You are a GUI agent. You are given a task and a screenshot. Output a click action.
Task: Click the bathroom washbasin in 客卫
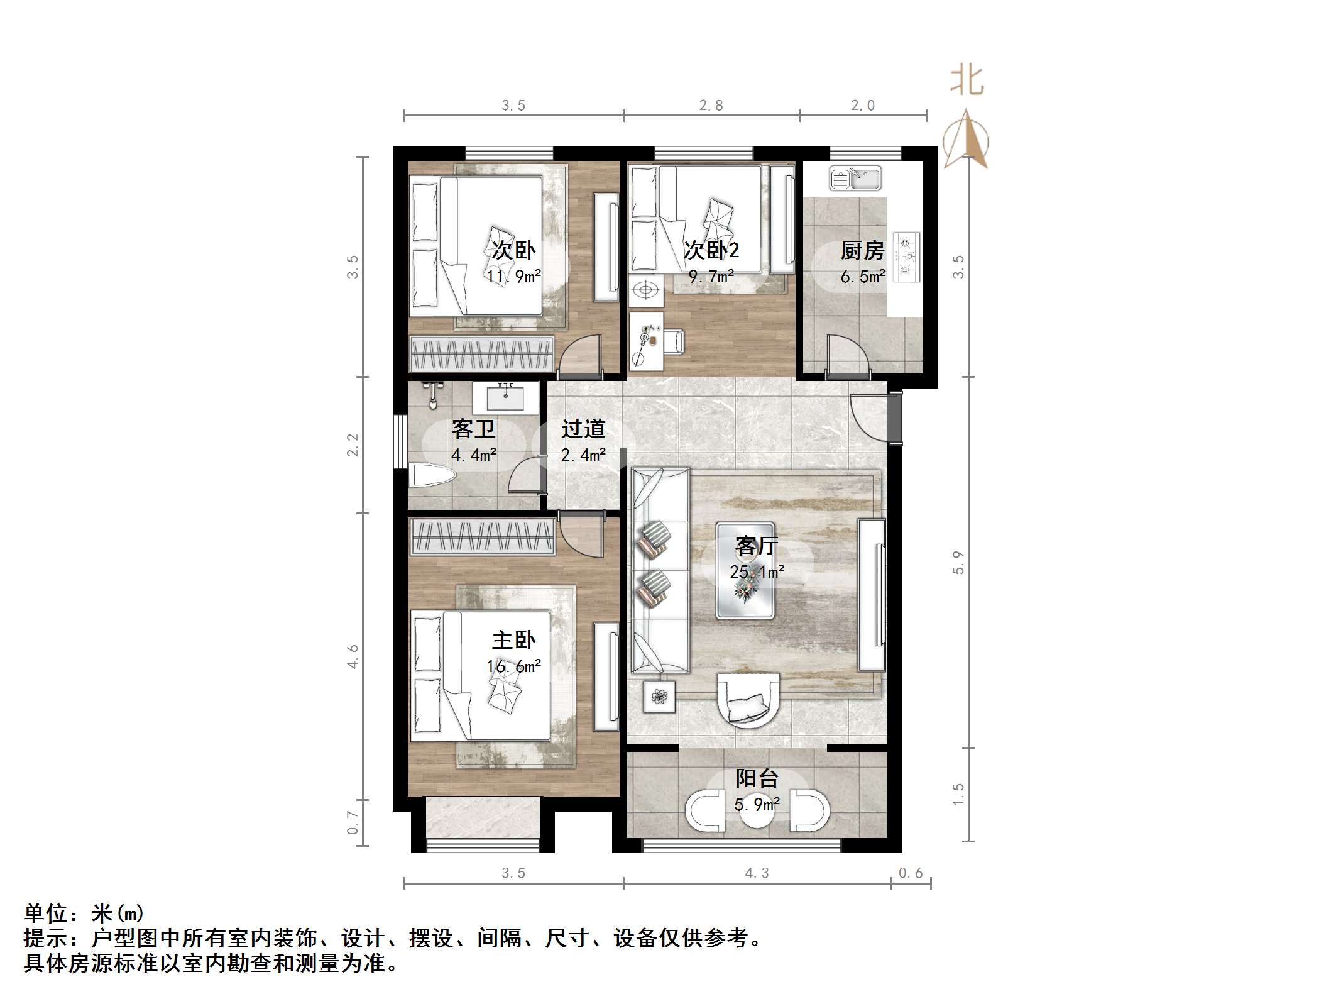click(x=505, y=398)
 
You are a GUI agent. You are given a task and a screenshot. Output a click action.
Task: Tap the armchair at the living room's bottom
click(x=748, y=700)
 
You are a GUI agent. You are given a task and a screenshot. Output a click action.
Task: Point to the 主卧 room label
click(x=513, y=641)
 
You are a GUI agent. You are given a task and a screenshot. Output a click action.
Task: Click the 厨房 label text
click(x=862, y=251)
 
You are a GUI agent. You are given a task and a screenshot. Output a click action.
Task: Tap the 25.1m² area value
click(x=757, y=571)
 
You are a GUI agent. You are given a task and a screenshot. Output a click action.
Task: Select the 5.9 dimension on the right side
click(x=958, y=562)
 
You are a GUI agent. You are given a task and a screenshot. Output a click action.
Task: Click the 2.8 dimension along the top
click(x=711, y=106)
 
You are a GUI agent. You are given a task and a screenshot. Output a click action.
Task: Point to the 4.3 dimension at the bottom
click(x=757, y=873)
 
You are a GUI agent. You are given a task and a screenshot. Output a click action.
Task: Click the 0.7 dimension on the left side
click(x=353, y=822)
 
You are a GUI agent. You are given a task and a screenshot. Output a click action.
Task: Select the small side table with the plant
click(x=659, y=697)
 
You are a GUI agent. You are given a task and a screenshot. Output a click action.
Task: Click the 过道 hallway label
click(x=583, y=429)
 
